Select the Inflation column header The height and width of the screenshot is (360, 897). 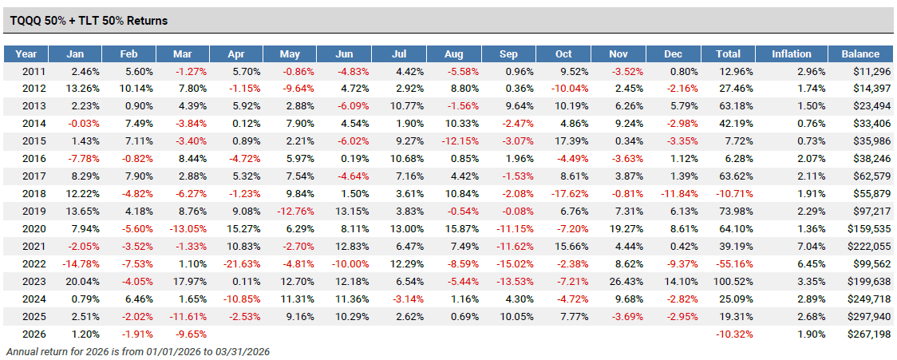point(792,54)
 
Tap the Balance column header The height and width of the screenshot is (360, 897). point(860,54)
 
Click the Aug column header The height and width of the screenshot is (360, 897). point(454,54)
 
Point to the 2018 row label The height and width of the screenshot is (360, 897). point(26,196)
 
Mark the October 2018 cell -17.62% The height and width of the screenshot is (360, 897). point(573,196)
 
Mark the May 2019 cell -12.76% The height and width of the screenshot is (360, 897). point(295,213)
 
